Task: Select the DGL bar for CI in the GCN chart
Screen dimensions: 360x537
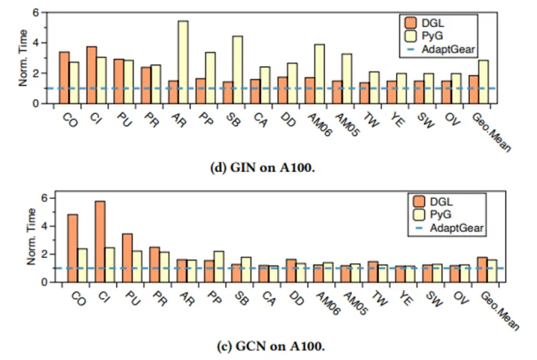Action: tap(100, 241)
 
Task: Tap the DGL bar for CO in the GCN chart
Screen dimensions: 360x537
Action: tap(72, 248)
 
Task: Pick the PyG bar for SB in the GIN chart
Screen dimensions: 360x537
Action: tap(237, 69)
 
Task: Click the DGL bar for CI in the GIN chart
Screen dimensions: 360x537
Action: tap(91, 75)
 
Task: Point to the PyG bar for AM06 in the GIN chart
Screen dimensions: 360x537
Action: tap(319, 73)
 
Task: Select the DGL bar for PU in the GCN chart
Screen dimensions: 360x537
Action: tap(128, 258)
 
